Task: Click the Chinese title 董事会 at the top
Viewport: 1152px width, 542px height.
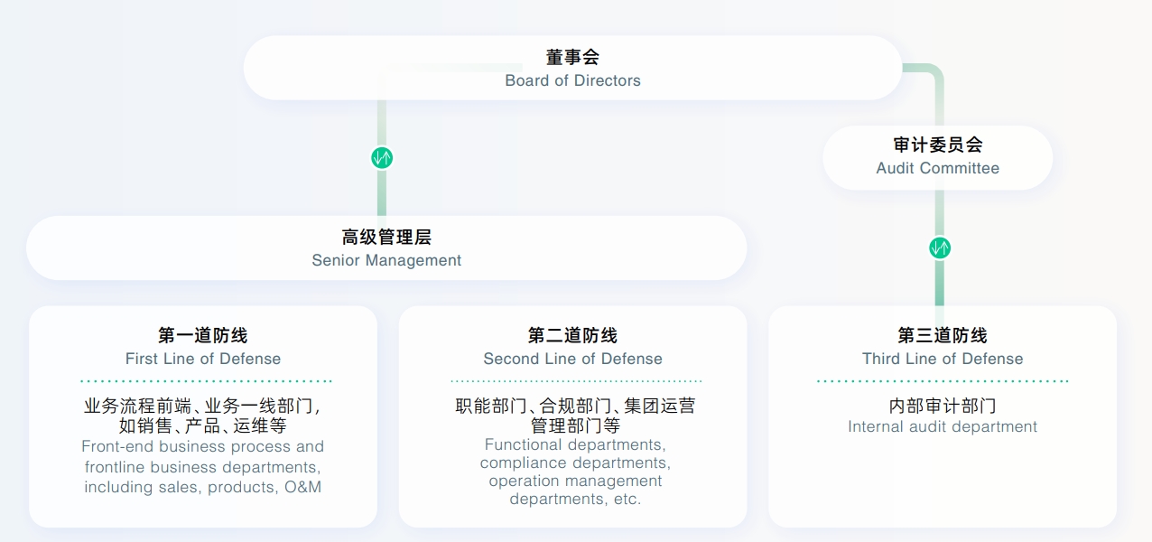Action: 572,57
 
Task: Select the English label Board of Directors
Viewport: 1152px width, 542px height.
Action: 572,80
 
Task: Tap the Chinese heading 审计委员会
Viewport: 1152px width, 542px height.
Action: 938,145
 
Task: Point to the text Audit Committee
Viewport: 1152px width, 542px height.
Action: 938,168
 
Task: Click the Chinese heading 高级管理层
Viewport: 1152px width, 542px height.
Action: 386,238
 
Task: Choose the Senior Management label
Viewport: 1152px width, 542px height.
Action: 386,260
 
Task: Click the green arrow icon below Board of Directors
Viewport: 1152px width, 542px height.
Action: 382,158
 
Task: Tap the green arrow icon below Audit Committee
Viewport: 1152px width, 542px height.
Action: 940,248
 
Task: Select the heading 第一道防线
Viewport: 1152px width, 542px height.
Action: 203,335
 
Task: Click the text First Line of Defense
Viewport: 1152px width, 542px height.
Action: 203,359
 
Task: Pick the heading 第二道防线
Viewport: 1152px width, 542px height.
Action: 572,335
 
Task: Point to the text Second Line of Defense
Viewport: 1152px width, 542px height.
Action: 572,359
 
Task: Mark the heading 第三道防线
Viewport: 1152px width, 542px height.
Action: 943,335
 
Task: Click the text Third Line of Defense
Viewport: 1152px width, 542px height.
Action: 943,359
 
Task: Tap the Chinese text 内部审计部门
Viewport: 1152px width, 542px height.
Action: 943,406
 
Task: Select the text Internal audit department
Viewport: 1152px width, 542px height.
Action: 943,426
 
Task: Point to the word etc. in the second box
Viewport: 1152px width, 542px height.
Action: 625,499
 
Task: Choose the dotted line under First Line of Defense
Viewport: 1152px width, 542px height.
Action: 206,381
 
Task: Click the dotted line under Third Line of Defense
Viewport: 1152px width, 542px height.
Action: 943,381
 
